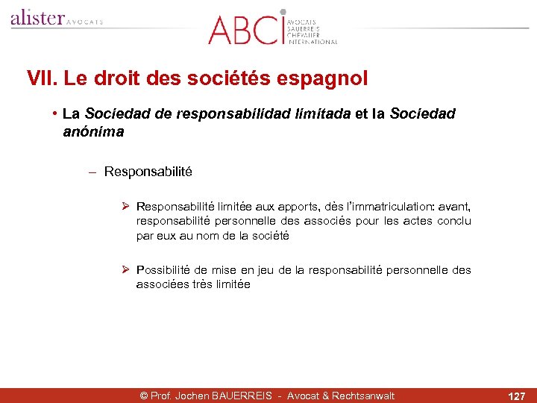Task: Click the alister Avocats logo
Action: coord(56,18)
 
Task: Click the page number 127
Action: coord(516,396)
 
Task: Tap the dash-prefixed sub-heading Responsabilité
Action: coord(148,172)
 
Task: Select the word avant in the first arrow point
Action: coord(456,206)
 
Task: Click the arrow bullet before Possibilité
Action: coord(126,269)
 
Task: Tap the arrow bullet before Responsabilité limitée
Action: coord(126,206)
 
